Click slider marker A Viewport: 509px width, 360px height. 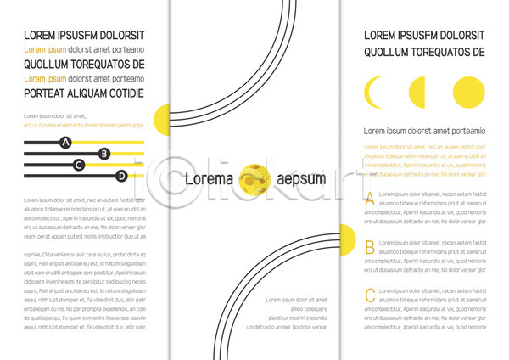point(65,142)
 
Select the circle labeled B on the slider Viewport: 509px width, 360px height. point(104,154)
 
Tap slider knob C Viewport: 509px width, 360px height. point(79,165)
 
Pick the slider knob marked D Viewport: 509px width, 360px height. point(121,176)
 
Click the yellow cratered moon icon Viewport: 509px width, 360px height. point(254,179)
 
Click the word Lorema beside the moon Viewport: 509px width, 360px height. point(209,179)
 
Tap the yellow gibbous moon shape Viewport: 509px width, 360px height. point(418,92)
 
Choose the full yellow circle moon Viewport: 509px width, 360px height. point(468,92)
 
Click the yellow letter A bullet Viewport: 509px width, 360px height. point(369,200)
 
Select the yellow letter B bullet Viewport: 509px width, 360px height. point(369,248)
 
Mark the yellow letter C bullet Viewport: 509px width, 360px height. point(369,295)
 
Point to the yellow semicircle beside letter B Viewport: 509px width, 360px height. point(347,240)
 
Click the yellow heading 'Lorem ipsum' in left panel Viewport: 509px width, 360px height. point(44,50)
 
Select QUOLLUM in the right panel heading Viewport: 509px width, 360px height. point(389,52)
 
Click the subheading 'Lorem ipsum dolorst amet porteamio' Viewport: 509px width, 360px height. point(424,131)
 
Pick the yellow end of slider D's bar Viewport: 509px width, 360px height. point(136,176)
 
